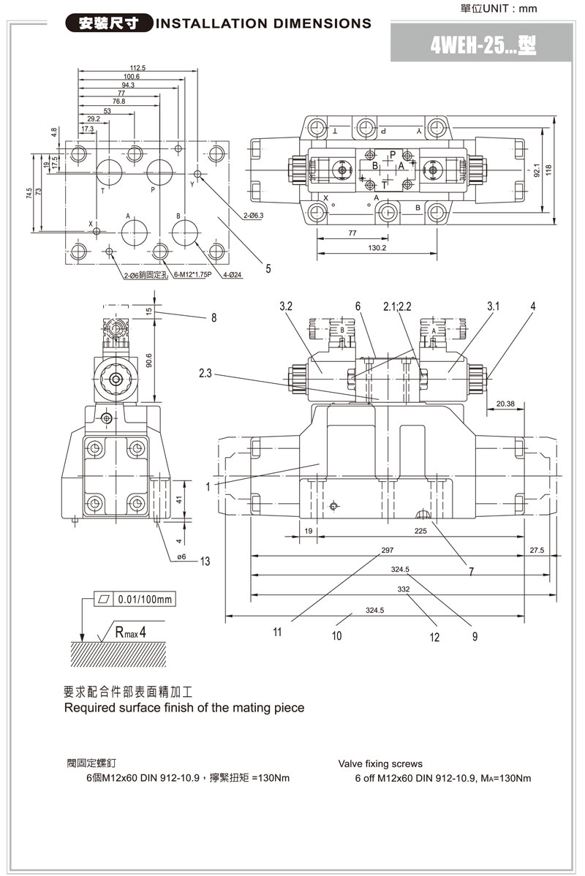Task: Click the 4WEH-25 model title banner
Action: tap(483, 46)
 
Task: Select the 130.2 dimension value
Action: tap(377, 248)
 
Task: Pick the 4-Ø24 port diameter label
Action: tap(233, 275)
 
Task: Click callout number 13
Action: tap(205, 561)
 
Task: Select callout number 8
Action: tap(214, 317)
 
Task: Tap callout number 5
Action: tap(268, 268)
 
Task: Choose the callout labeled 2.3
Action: tap(205, 374)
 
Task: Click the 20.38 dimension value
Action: tap(505, 403)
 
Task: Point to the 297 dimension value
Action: tap(388, 550)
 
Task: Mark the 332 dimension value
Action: tap(404, 589)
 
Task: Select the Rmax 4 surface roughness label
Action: tap(131, 630)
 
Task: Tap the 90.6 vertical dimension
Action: tap(148, 361)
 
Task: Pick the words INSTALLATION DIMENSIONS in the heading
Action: tap(264, 23)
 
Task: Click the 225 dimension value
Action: tap(420, 532)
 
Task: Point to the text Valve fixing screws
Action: tap(380, 763)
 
